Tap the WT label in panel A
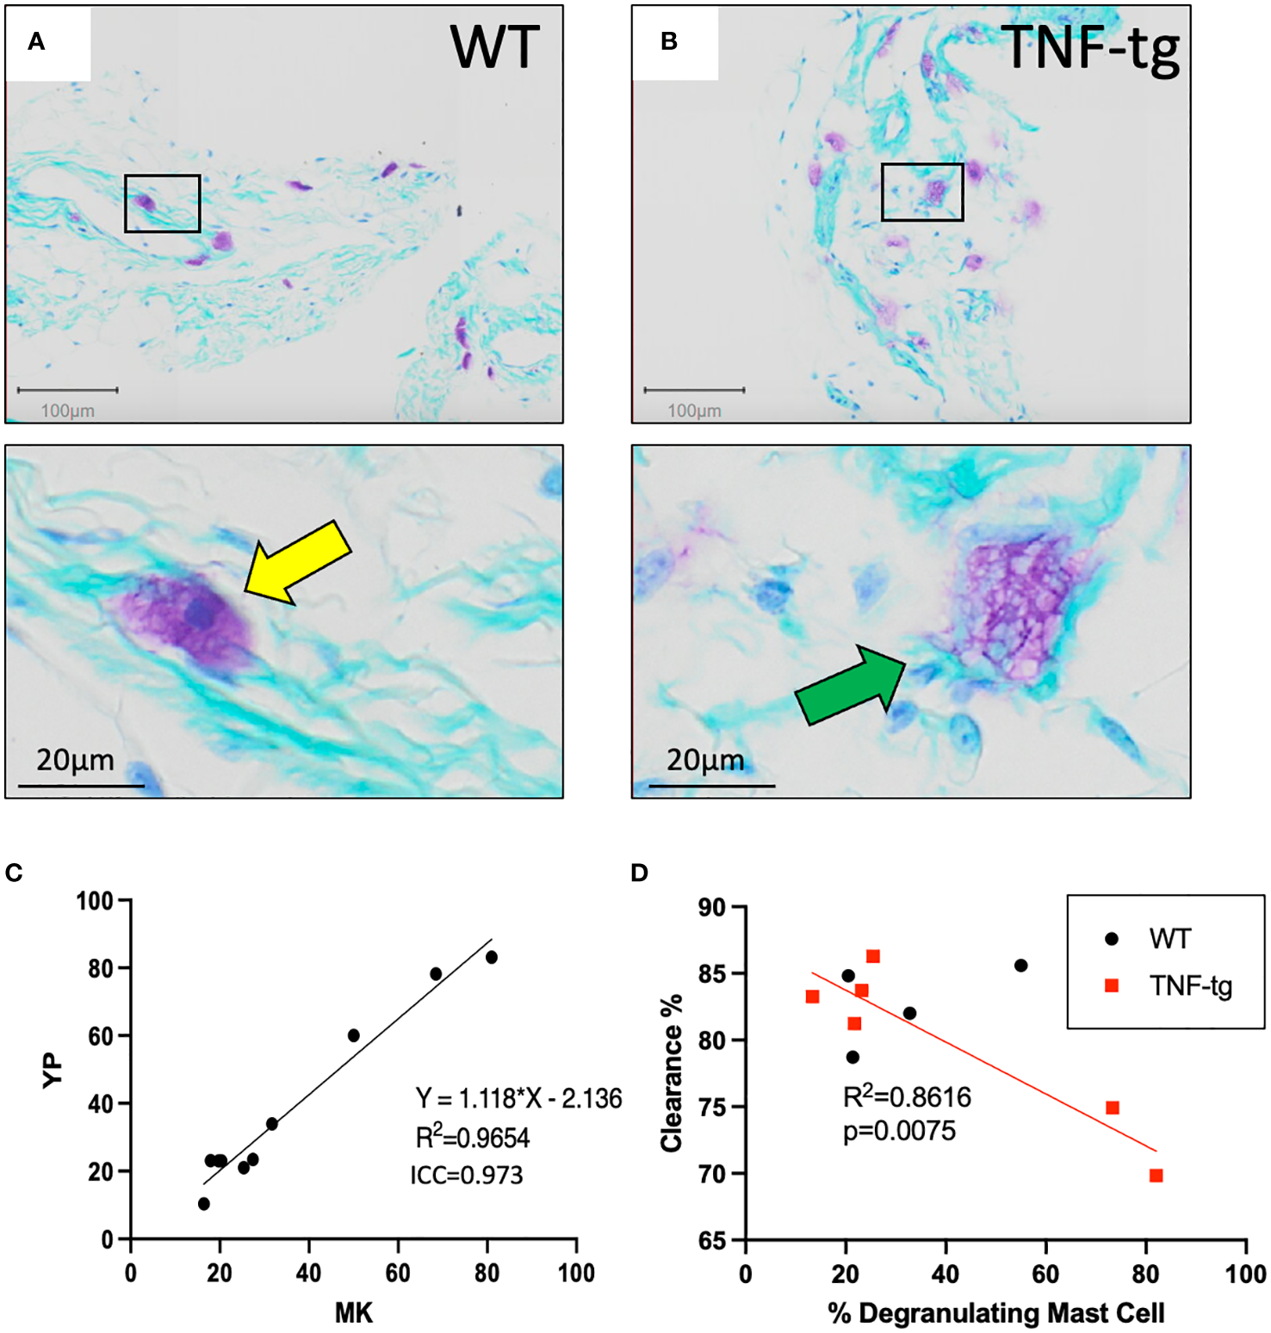(x=494, y=47)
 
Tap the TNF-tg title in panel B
(x=1089, y=47)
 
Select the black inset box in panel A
(x=162, y=203)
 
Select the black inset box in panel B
(x=921, y=192)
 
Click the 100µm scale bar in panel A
(x=67, y=391)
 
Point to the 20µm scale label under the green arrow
(x=704, y=761)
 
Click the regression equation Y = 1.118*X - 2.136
(x=518, y=1099)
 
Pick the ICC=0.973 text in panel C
(x=466, y=1175)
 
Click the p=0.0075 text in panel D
(x=898, y=1131)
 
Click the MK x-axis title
(x=353, y=1312)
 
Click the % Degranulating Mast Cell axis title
(x=995, y=1313)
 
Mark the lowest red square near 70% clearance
(x=1156, y=1176)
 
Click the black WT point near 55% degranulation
(x=1020, y=966)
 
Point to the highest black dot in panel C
(x=492, y=957)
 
